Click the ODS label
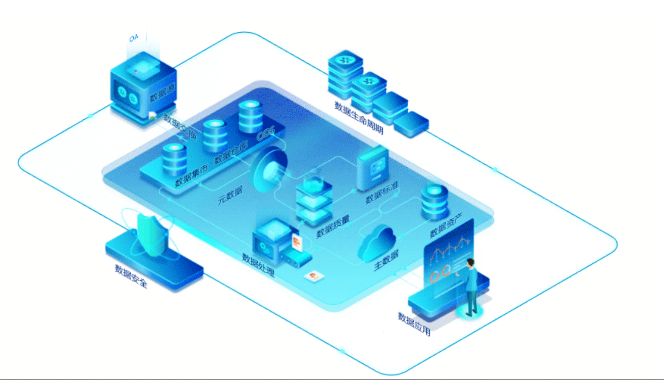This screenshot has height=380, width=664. click(x=266, y=134)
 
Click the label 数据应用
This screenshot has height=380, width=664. click(x=414, y=324)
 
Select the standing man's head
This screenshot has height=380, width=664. click(x=471, y=263)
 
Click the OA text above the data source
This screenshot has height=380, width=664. click(x=134, y=38)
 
